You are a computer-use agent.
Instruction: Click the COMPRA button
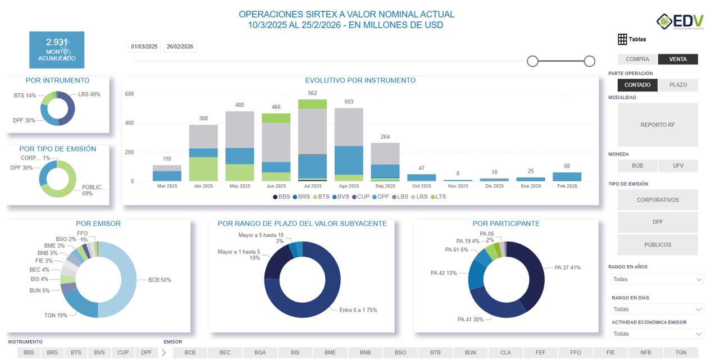click(x=637, y=59)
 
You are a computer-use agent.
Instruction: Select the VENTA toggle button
click(x=678, y=59)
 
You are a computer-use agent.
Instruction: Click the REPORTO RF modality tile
click(x=658, y=125)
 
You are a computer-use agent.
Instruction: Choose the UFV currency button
click(x=678, y=166)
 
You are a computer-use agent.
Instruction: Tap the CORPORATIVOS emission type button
click(x=658, y=200)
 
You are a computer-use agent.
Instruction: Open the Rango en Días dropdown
click(x=657, y=309)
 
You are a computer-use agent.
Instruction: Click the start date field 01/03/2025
click(x=144, y=47)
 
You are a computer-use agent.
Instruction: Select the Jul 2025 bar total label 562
click(x=312, y=93)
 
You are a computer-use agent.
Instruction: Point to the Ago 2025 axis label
click(x=349, y=186)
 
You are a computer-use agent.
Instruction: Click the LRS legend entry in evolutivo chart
click(x=420, y=197)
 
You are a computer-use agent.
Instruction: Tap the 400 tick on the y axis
click(x=129, y=123)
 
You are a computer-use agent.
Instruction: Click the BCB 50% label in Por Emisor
click(x=159, y=280)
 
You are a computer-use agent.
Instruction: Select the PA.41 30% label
click(x=470, y=320)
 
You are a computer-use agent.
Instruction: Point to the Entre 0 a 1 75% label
click(x=358, y=310)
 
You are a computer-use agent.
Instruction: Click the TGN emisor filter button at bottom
click(x=681, y=353)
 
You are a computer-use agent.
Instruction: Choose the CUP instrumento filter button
click(x=123, y=353)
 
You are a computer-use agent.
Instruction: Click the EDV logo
click(x=680, y=21)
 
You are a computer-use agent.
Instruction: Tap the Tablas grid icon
click(x=622, y=39)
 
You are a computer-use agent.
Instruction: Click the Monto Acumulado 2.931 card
click(x=57, y=50)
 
